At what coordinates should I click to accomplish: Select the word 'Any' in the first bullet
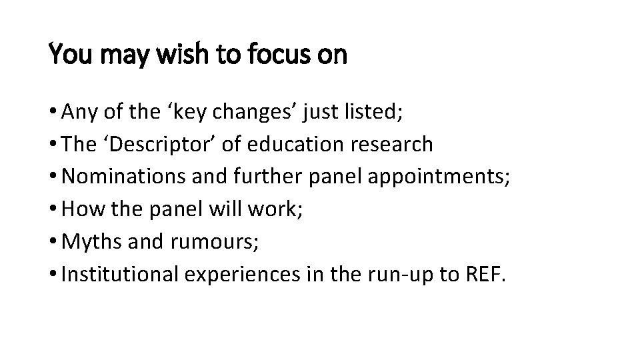pos(78,112)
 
